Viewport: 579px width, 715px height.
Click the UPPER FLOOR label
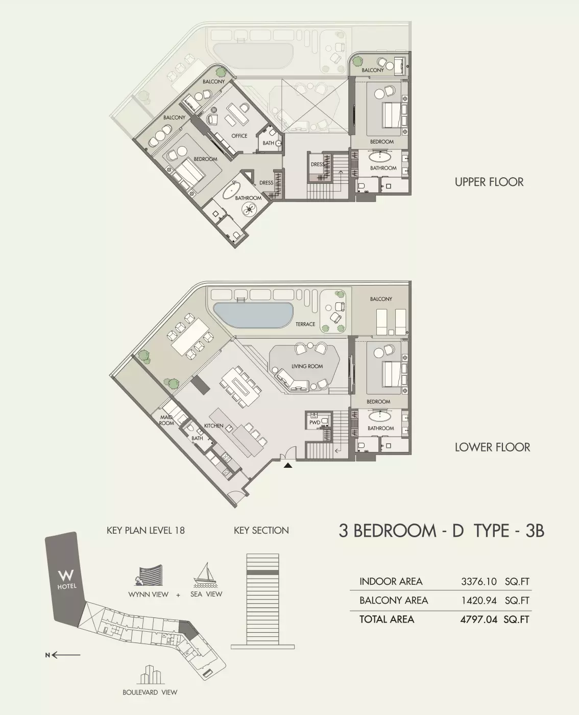[x=489, y=182]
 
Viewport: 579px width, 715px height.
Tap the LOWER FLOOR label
[x=492, y=447]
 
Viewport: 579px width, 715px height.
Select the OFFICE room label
[x=239, y=136]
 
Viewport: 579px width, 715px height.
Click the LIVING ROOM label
[x=307, y=366]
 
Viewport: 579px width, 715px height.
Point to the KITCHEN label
[x=213, y=425]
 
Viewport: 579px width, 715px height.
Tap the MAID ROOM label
[x=166, y=420]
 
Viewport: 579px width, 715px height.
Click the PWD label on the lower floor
[x=315, y=422]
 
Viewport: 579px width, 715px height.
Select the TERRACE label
[x=305, y=324]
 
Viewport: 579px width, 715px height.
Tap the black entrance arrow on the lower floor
[x=288, y=465]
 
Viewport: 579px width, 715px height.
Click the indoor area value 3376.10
[x=478, y=582]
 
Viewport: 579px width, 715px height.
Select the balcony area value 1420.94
[x=478, y=601]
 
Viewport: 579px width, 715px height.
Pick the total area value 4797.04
[x=478, y=619]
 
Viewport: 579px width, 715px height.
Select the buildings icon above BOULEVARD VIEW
[x=150, y=675]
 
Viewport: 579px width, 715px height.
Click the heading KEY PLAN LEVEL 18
[x=146, y=531]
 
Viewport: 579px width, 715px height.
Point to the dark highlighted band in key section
[x=262, y=573]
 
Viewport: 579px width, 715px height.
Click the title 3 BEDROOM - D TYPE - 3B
[x=441, y=531]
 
